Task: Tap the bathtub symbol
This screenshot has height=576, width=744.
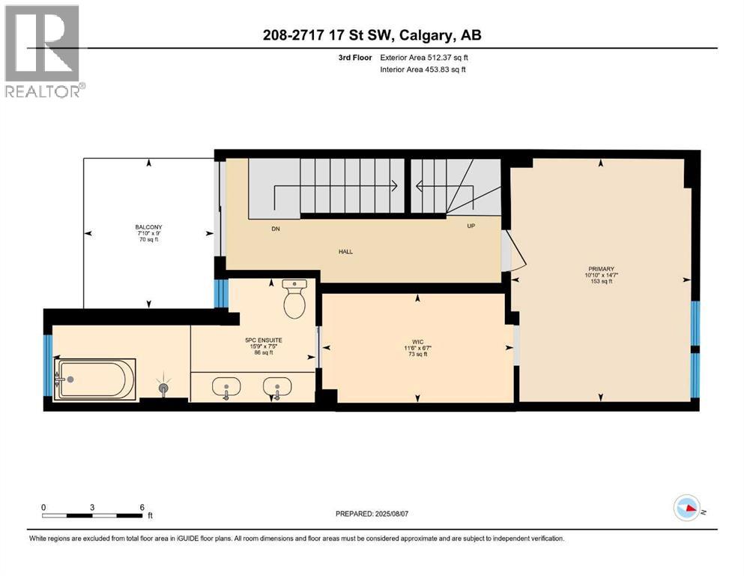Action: pyautogui.click(x=95, y=379)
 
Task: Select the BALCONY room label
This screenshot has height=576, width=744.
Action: pyautogui.click(x=148, y=227)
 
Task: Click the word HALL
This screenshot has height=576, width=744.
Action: pyautogui.click(x=345, y=251)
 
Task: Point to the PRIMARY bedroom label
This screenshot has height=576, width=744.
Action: pyautogui.click(x=601, y=268)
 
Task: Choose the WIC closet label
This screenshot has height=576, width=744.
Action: pyautogui.click(x=418, y=341)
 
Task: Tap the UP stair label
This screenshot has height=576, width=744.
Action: pyautogui.click(x=471, y=226)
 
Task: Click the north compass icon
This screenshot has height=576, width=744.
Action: pyautogui.click(x=687, y=508)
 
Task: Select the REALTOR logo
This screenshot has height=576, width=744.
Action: pyautogui.click(x=43, y=51)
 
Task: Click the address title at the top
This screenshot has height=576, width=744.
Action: pyautogui.click(x=372, y=35)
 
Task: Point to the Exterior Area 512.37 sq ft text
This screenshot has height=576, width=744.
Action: pyautogui.click(x=425, y=57)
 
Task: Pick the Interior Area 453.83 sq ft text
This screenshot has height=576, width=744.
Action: pyautogui.click(x=425, y=70)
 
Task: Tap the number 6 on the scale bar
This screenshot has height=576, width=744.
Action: pyautogui.click(x=141, y=507)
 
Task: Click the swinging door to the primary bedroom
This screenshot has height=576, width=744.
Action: pyautogui.click(x=515, y=252)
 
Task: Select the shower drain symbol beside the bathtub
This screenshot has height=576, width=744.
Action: pyautogui.click(x=164, y=388)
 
